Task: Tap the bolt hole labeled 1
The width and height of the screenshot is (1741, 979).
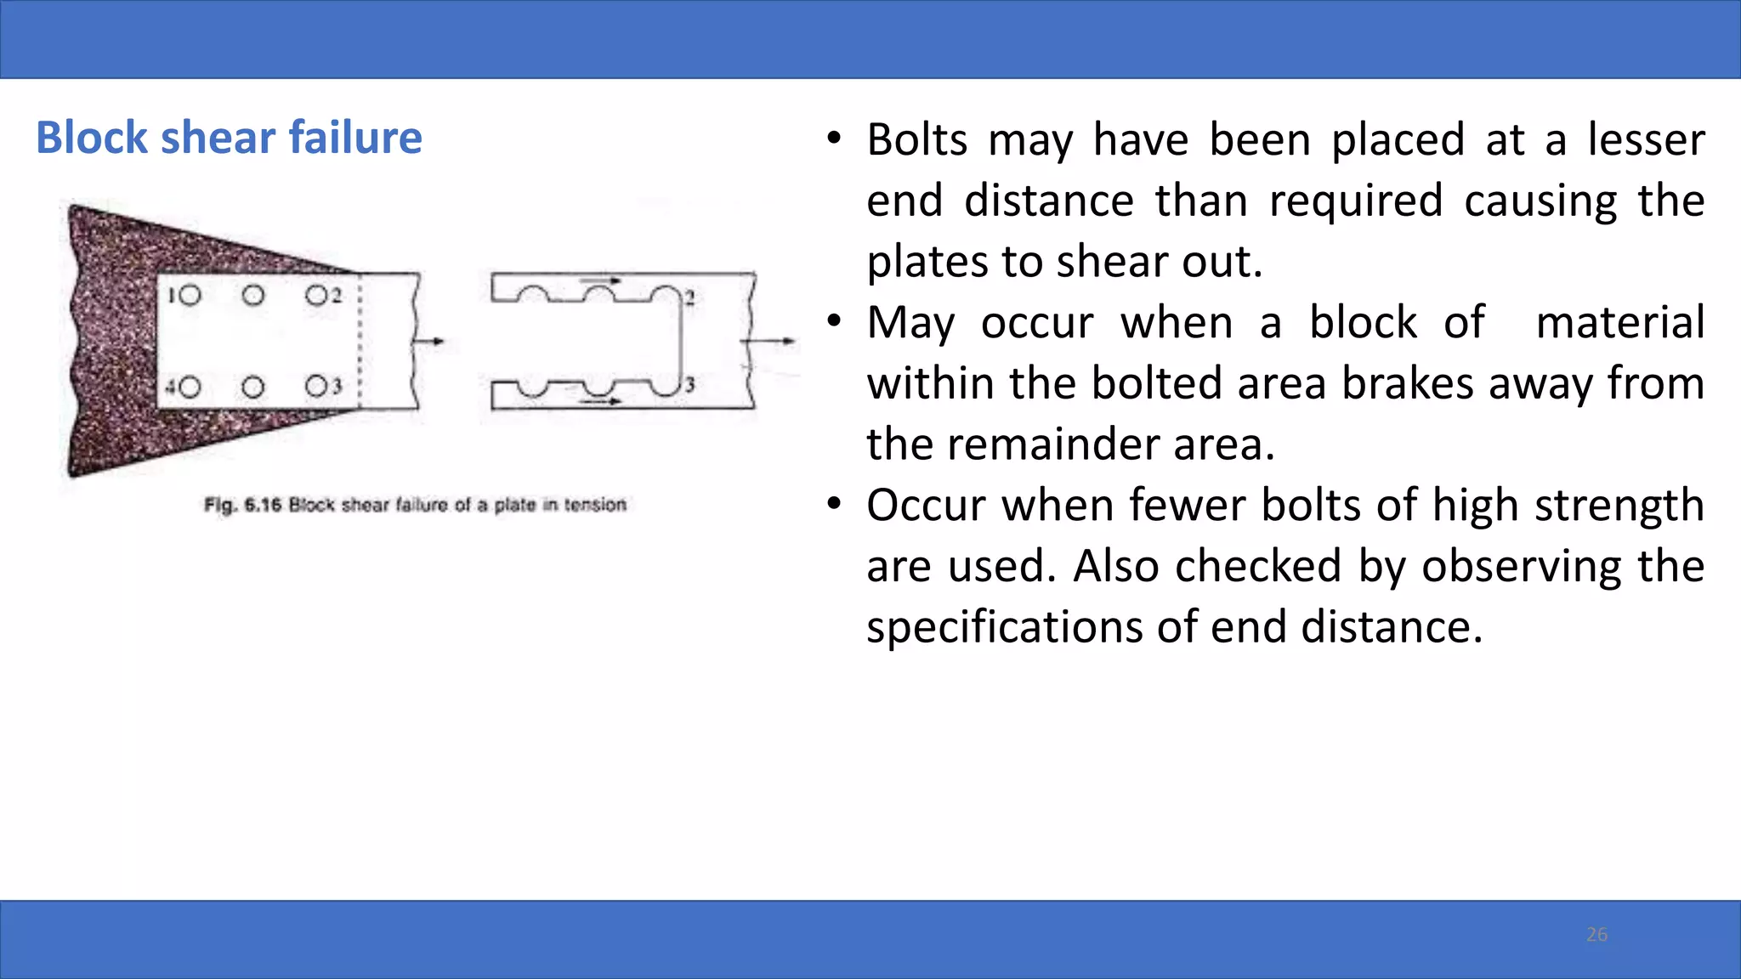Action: click(x=189, y=295)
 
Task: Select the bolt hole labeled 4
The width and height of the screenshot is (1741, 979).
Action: click(x=189, y=388)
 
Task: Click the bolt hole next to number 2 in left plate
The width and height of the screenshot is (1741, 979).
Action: click(x=317, y=295)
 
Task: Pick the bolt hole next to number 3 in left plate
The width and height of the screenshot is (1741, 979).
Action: click(x=317, y=387)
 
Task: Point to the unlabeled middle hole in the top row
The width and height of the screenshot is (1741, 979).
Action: click(x=253, y=295)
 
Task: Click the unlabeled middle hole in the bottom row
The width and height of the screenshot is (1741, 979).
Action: click(x=253, y=388)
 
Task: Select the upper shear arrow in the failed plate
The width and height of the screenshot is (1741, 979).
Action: click(x=601, y=280)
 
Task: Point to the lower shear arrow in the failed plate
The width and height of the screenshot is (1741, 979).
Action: click(x=601, y=400)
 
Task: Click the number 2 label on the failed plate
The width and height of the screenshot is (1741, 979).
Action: click(x=690, y=297)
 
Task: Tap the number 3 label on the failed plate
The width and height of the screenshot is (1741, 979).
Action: click(x=690, y=385)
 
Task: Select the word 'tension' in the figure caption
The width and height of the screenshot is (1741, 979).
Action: click(x=595, y=505)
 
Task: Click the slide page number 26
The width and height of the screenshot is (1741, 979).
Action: click(x=1596, y=935)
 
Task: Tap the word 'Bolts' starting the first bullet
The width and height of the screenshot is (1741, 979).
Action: click(x=916, y=140)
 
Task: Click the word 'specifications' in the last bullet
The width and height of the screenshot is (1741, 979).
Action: click(x=1003, y=628)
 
